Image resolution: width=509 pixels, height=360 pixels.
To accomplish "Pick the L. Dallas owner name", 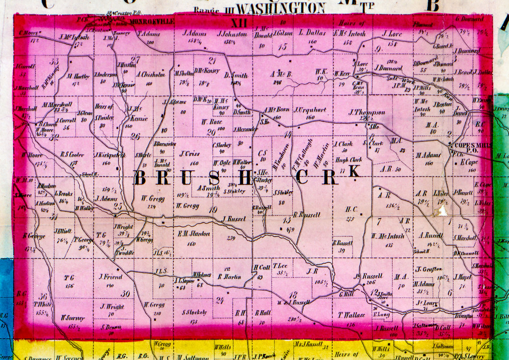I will coord(312,33).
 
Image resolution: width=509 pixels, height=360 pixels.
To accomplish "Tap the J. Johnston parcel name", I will coord(232,34).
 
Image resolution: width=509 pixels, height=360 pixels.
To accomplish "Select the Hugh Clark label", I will coord(348,160).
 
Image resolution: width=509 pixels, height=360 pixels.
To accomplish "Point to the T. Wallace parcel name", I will coord(351,315).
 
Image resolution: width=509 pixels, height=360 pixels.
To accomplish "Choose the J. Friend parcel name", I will coord(110,276).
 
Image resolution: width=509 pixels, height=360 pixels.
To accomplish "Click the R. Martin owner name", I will coord(230,276).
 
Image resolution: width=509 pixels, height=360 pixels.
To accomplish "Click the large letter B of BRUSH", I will coord(140,178).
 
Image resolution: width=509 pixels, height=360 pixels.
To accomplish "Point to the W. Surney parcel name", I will coord(73,317).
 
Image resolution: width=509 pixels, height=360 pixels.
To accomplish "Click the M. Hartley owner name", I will coord(79,77).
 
